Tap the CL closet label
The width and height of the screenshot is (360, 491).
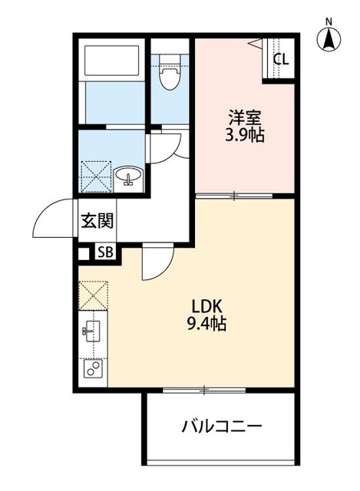pyautogui.click(x=280, y=58)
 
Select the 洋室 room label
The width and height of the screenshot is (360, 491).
pyautogui.click(x=244, y=119)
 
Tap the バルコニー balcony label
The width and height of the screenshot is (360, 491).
pyautogui.click(x=222, y=426)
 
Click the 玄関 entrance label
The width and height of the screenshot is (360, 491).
pyautogui.click(x=98, y=222)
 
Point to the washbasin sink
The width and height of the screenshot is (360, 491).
pyautogui.click(x=128, y=178)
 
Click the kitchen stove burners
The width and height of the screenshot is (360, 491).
pyautogui.click(x=93, y=369)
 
